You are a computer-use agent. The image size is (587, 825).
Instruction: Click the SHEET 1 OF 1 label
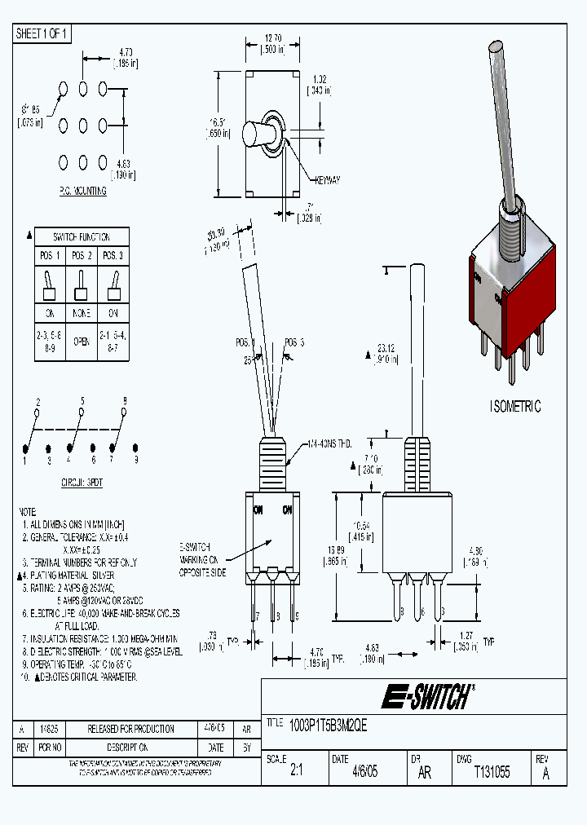click(42, 33)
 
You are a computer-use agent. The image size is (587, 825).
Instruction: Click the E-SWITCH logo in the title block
click(427, 697)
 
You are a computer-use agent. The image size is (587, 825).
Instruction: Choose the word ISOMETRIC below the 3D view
click(515, 407)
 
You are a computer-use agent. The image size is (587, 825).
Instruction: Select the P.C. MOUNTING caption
click(82, 191)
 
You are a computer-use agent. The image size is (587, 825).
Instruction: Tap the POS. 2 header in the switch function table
click(81, 255)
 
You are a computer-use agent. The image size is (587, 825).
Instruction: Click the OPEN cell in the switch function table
click(81, 342)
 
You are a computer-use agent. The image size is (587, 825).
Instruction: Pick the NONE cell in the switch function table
click(81, 313)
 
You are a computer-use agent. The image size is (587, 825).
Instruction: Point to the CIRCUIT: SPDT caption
click(82, 483)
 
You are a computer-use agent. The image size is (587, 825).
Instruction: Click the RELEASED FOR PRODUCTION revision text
click(131, 729)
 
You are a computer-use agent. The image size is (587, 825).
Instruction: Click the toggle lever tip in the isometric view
click(497, 49)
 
